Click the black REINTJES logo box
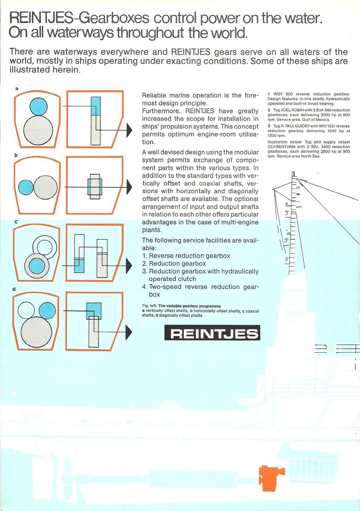212,333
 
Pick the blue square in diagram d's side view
94,311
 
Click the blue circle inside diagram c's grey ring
37,266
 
